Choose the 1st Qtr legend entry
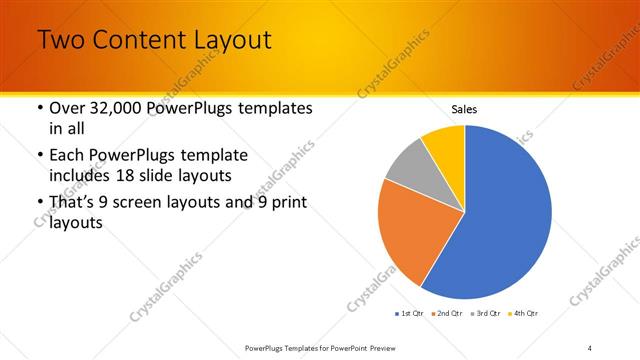410,313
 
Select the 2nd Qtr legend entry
447,313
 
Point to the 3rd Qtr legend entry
486,313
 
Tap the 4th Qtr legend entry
524,313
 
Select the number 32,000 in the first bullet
121,108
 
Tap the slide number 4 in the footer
590,347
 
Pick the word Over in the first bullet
69,108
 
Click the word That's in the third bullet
76,204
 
